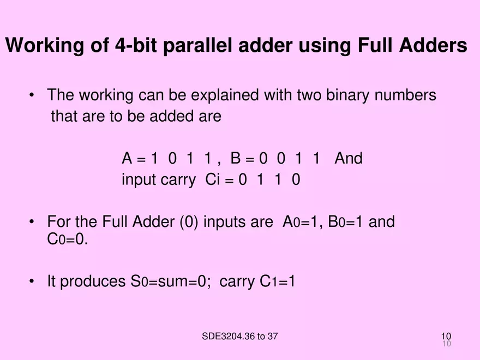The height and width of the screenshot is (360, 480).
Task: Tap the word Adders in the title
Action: pos(434,45)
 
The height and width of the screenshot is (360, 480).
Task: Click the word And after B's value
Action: pos(348,159)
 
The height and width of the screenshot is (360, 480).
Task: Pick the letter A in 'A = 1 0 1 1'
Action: pos(127,159)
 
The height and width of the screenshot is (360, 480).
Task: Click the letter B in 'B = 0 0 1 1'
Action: pos(236,159)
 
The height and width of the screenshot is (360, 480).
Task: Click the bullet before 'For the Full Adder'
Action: pos(33,222)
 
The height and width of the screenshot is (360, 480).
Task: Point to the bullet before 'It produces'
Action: pos(33,281)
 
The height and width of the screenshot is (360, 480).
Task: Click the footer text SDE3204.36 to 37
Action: pos(239,336)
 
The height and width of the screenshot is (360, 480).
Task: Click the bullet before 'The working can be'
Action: pos(33,95)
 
